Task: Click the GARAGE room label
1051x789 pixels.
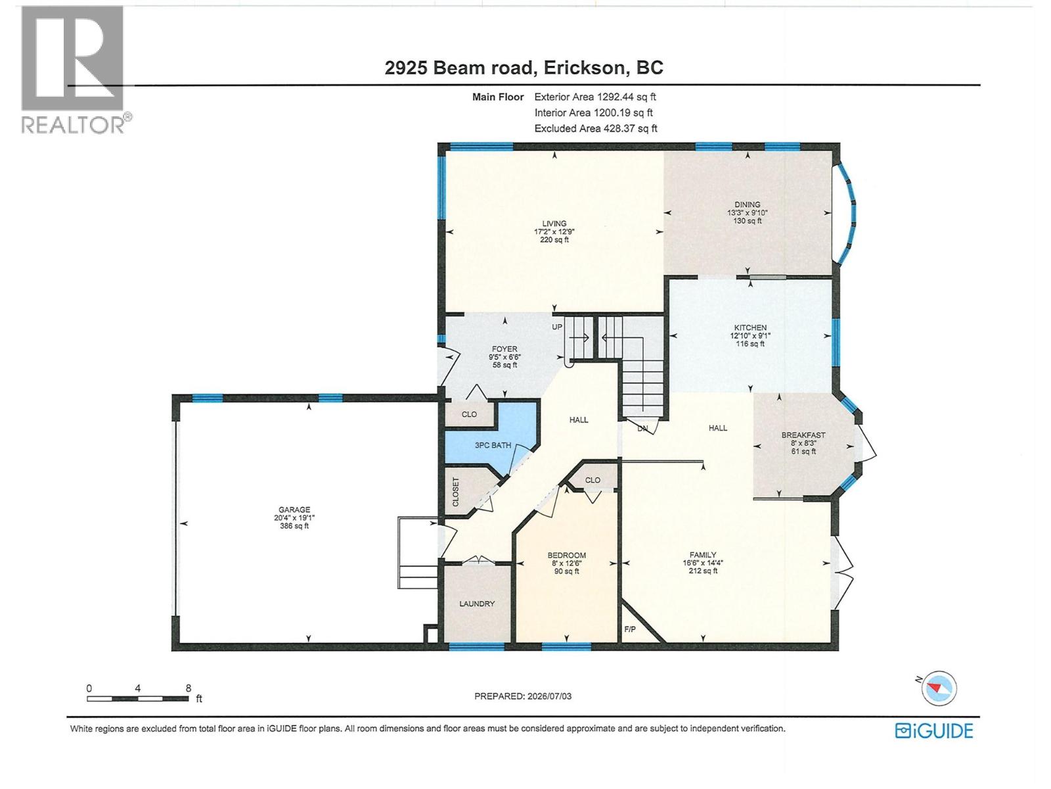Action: pyautogui.click(x=294, y=510)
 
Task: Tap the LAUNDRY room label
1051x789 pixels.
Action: pyautogui.click(x=477, y=604)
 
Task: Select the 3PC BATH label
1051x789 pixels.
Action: pyautogui.click(x=493, y=445)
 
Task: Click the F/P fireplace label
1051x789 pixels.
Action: pyautogui.click(x=630, y=629)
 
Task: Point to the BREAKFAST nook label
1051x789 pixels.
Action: pyautogui.click(x=803, y=435)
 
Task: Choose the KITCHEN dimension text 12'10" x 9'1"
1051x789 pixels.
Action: pyautogui.click(x=750, y=336)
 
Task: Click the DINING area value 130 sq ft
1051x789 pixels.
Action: pyautogui.click(x=747, y=221)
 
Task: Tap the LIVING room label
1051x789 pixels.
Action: pyautogui.click(x=554, y=224)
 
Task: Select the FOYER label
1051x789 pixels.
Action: pyautogui.click(x=504, y=349)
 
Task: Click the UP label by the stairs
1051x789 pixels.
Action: pyautogui.click(x=557, y=327)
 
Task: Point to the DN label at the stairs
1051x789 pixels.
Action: pyautogui.click(x=642, y=428)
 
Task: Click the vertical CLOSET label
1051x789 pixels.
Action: pyautogui.click(x=455, y=492)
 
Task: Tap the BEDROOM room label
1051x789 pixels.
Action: pyautogui.click(x=567, y=555)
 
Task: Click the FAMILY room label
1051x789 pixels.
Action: pyautogui.click(x=703, y=555)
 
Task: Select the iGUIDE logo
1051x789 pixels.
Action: pyautogui.click(x=934, y=731)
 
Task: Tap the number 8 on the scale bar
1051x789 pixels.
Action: pyautogui.click(x=189, y=688)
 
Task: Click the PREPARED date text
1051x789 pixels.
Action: pyautogui.click(x=523, y=696)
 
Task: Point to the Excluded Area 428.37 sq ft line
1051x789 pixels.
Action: pyautogui.click(x=596, y=128)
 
